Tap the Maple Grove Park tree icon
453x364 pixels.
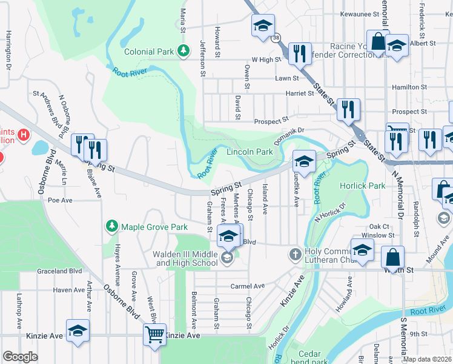click(x=111, y=227)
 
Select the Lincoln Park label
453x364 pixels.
click(x=250, y=152)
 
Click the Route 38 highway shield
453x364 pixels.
click(x=276, y=37)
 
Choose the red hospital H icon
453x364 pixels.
click(x=24, y=134)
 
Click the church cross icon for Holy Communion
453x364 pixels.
click(x=295, y=254)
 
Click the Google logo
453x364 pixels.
click(x=20, y=357)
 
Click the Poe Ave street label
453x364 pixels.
click(x=60, y=200)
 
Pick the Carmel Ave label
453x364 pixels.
click(x=247, y=286)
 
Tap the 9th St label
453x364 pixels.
click(x=418, y=334)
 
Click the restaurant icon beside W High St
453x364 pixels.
click(x=298, y=53)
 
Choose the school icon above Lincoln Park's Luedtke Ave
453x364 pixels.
click(x=305, y=161)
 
